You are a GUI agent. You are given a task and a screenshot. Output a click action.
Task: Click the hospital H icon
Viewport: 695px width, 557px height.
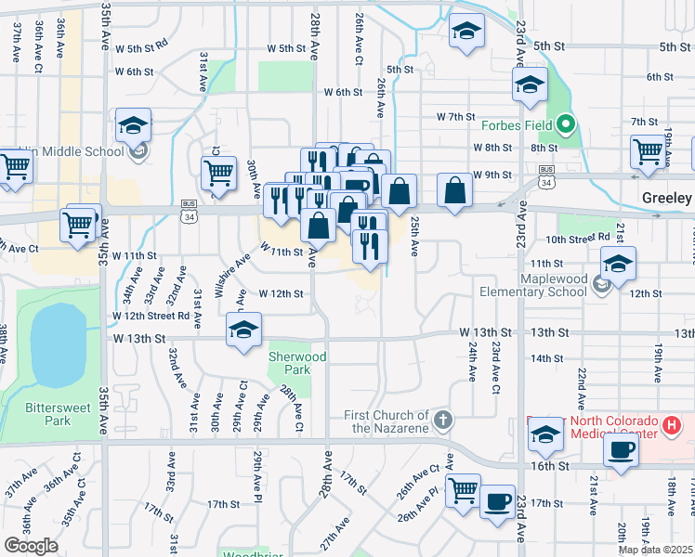(674, 426)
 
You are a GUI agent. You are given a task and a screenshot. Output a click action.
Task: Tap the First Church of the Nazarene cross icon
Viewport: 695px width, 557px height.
(444, 420)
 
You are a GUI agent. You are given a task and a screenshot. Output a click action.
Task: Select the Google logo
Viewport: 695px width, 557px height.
(30, 546)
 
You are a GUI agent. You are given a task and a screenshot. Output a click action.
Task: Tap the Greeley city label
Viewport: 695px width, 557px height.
(667, 199)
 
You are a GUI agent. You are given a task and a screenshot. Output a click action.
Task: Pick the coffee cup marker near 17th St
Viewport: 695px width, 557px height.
(497, 501)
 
